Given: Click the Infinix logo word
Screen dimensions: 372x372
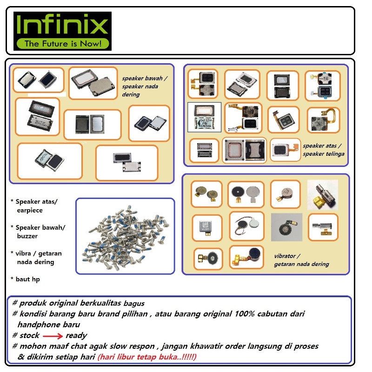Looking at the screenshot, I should [62, 26].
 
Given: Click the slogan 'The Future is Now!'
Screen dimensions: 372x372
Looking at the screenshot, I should [62, 44].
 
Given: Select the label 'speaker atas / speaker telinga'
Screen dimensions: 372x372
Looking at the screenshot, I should [324, 149].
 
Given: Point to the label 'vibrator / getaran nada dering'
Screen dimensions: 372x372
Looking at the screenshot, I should [301, 260].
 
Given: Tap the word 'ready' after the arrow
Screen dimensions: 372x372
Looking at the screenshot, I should [76, 335].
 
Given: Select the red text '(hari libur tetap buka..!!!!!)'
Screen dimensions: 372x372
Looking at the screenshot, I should [147, 357].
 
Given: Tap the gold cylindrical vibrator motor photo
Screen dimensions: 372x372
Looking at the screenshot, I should [322, 194].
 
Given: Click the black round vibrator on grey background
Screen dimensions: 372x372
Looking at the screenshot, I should [286, 227].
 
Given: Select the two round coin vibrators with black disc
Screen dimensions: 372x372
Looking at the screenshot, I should [246, 194].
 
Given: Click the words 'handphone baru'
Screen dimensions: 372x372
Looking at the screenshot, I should [48, 325].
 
